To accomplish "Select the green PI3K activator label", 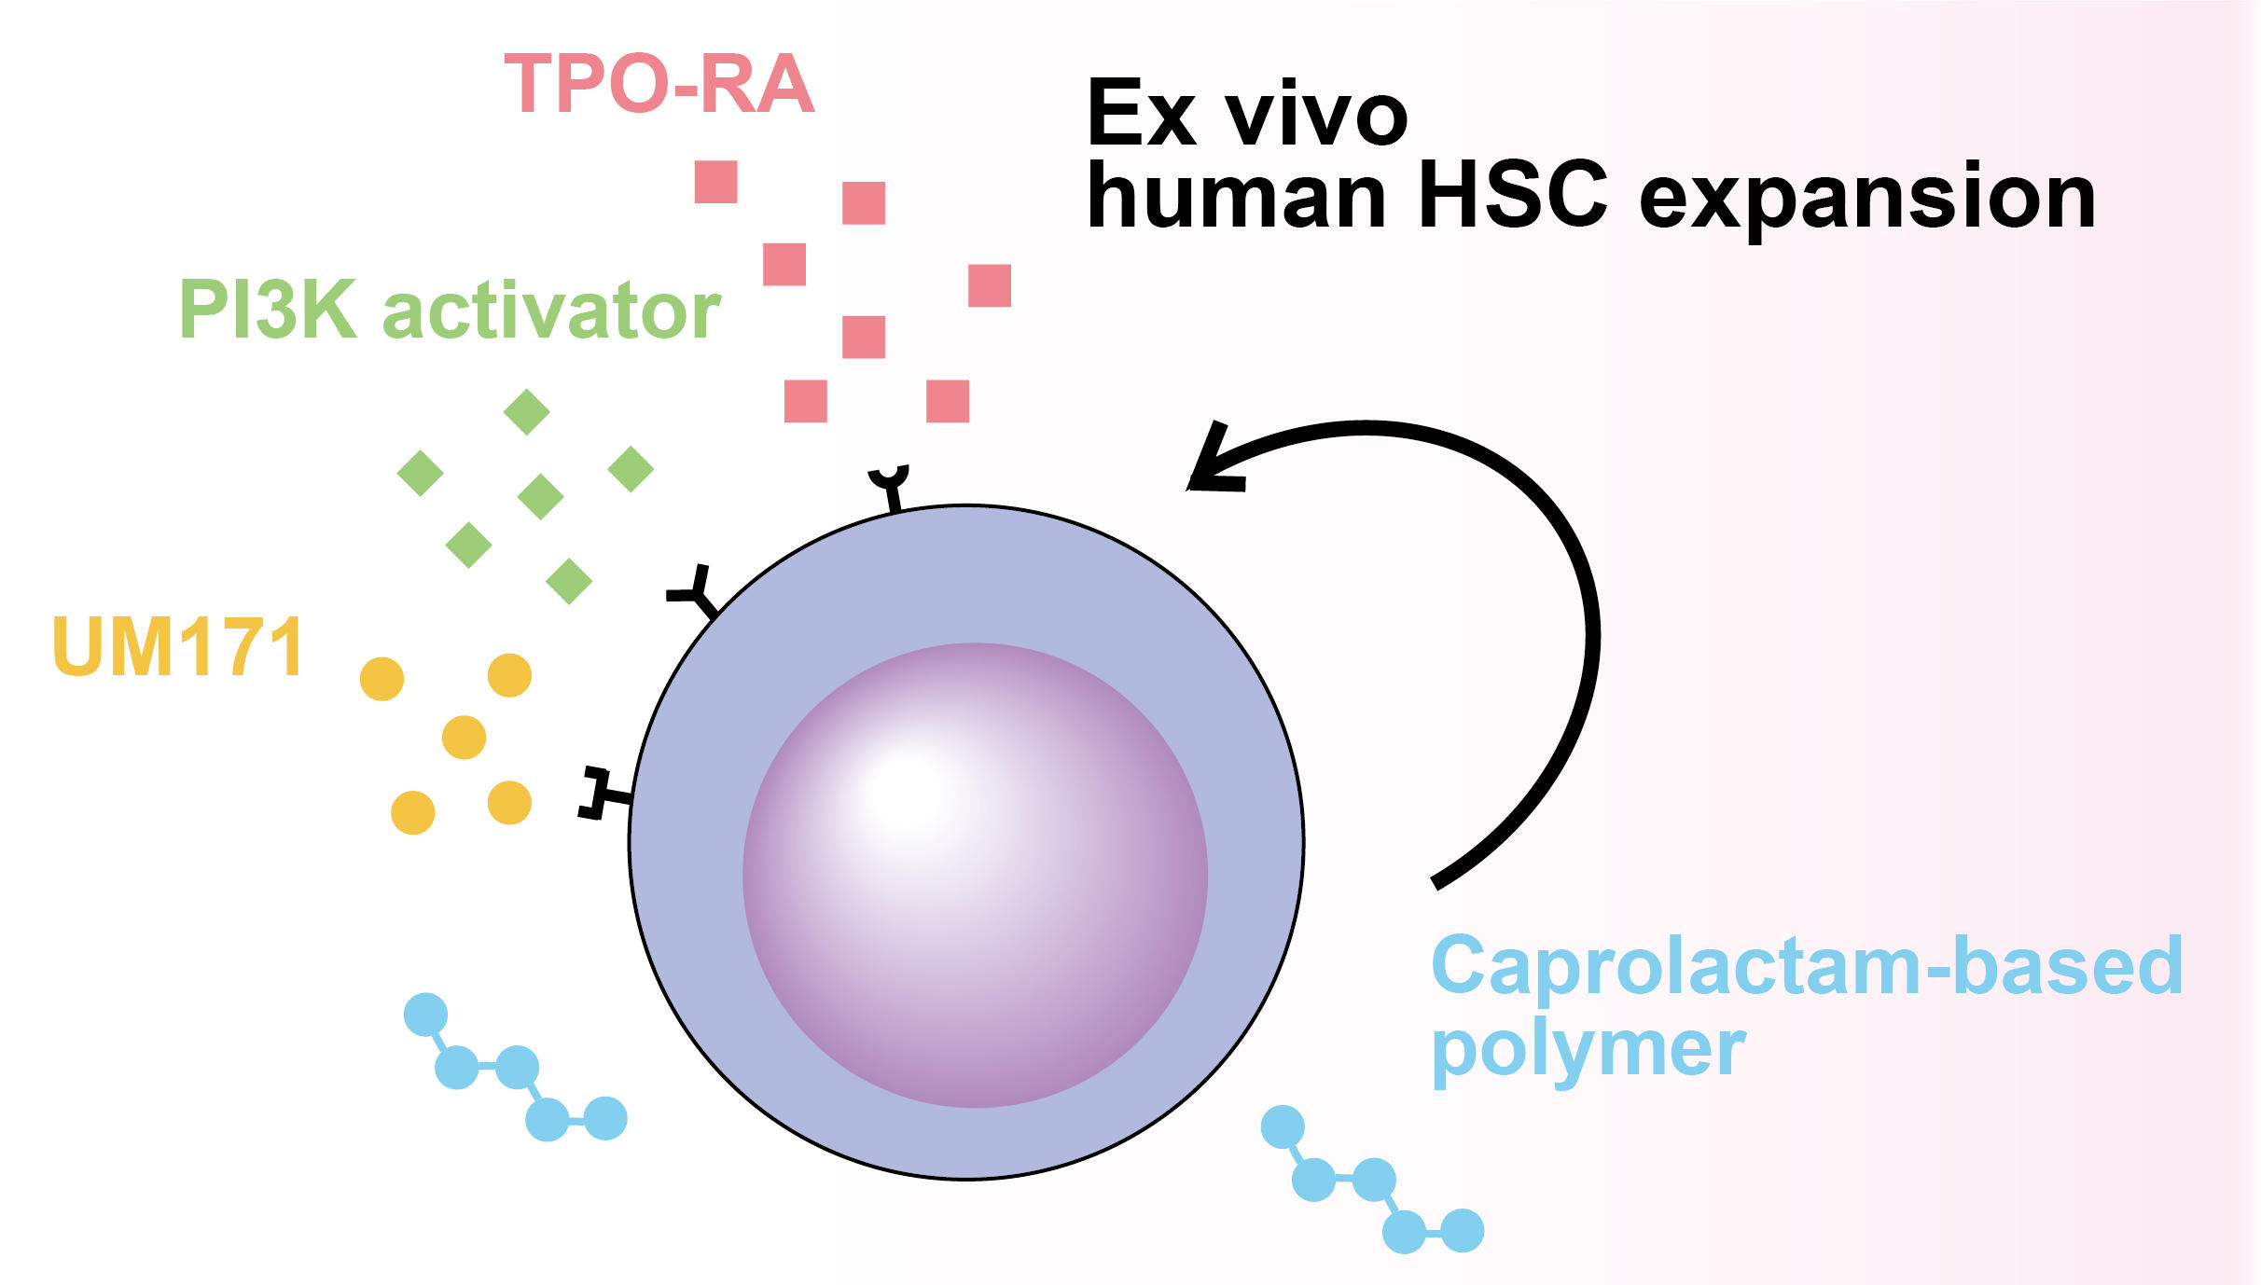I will point(449,310).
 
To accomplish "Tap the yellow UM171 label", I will point(178,646).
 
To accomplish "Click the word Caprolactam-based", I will point(1806,966).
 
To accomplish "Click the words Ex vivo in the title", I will point(1247,114).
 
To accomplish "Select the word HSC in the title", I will point(1513,196).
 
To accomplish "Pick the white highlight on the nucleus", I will point(909,793).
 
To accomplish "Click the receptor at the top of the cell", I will point(889,485).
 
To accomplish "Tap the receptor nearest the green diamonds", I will point(695,592).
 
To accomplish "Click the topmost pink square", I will point(715,181).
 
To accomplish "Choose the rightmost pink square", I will point(990,285).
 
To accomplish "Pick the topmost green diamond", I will point(526,411).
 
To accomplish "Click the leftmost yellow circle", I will point(381,679).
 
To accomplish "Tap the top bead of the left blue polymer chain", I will point(425,1015).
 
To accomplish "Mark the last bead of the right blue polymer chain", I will point(1463,1230).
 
